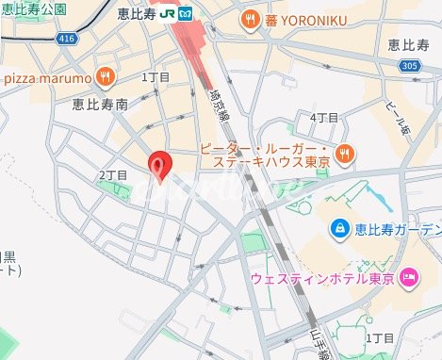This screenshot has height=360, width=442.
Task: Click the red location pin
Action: pyautogui.click(x=161, y=165)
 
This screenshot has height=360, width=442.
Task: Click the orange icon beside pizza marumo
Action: pyautogui.click(x=106, y=74)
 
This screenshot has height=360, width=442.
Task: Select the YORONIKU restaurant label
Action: pyautogui.click(x=303, y=17)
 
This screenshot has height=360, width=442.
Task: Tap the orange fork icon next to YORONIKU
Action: pyautogui.click(x=249, y=17)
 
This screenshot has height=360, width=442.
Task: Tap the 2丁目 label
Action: pyautogui.click(x=112, y=175)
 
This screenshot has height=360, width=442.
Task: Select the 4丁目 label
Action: pyautogui.click(x=324, y=117)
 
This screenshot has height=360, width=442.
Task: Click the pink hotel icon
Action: pyautogui.click(x=408, y=276)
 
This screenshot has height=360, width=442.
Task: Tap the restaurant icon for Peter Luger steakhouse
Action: pyautogui.click(x=345, y=152)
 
